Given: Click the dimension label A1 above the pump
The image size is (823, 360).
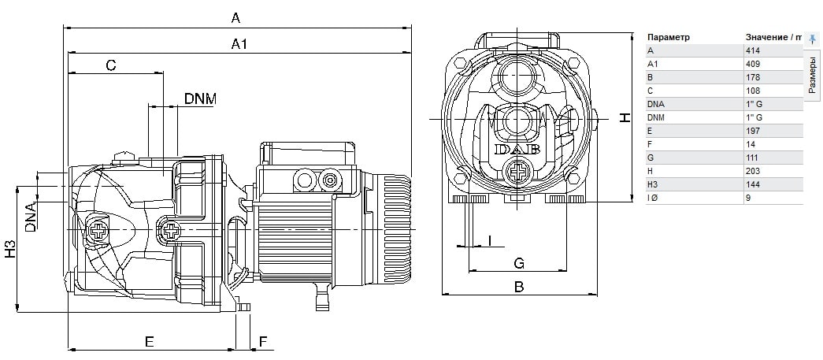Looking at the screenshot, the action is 239,44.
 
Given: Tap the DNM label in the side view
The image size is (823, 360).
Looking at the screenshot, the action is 200,98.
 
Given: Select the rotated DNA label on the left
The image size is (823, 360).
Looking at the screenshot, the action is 31,217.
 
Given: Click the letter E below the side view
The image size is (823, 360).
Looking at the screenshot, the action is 150,342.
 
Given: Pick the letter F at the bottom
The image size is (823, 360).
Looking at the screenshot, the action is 264,342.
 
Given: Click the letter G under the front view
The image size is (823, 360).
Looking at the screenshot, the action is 518,263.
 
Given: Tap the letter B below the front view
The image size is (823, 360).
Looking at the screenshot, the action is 518,287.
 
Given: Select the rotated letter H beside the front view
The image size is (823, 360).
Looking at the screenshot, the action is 624,117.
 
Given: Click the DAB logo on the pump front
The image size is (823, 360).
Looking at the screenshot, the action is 517,150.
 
